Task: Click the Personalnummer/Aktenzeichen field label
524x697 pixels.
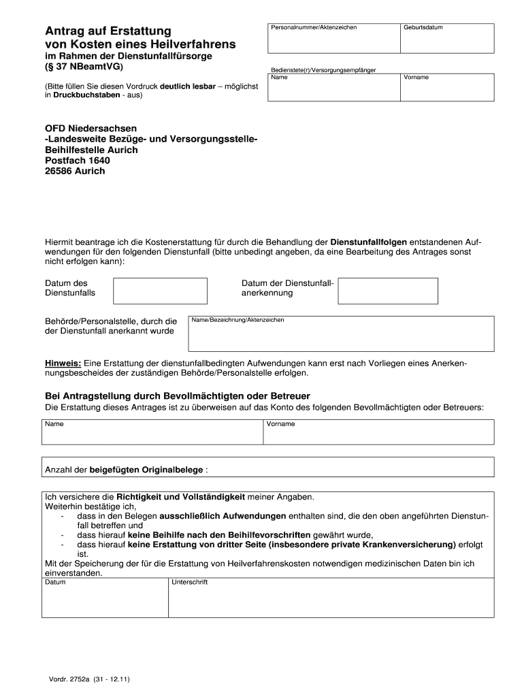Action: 313,27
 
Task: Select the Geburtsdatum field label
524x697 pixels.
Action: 423,27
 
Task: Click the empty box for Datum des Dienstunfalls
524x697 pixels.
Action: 160,290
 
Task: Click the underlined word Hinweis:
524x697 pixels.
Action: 63,363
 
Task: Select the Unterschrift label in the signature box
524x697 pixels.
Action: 190,582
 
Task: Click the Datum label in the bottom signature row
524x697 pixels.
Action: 55,582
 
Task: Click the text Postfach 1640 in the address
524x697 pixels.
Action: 77,161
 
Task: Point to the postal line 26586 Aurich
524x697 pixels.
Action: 75,172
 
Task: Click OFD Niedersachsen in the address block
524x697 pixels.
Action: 91,128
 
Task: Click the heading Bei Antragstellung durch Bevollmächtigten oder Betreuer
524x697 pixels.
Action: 178,396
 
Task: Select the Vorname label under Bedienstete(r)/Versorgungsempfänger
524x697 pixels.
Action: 416,78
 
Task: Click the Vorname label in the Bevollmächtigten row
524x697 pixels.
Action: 280,423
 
